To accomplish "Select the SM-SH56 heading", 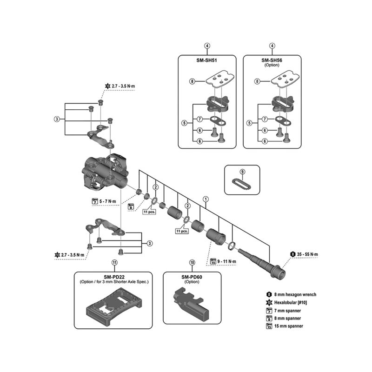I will coord(272,60).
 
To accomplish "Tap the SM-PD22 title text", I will coord(114,276).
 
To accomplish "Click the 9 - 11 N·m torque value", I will coord(227,261).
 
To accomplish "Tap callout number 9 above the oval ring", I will coord(242,172).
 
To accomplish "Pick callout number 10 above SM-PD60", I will coord(192,262).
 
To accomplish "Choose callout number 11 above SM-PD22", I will coord(114,262).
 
